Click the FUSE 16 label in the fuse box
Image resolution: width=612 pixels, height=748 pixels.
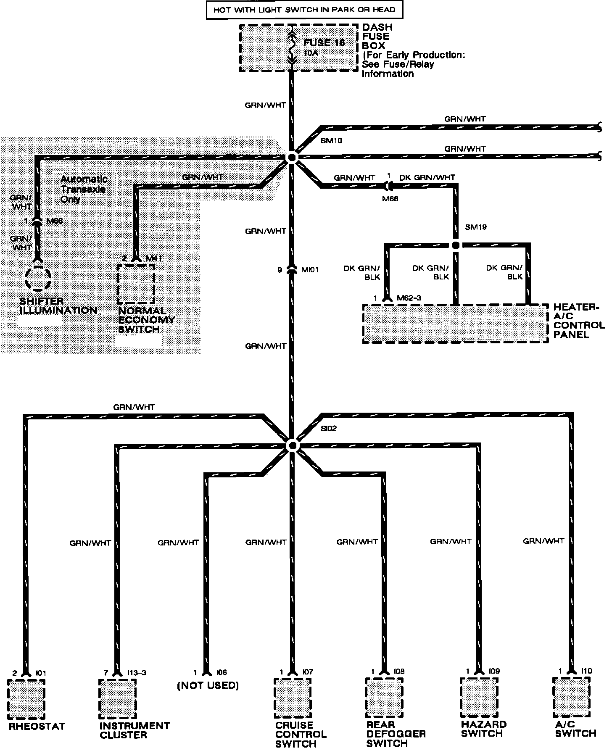pos(324,43)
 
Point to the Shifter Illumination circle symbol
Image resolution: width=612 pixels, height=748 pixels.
pos(38,278)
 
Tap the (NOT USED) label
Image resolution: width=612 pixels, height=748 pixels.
pos(208,686)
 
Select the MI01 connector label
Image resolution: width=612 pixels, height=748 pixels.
pos(310,270)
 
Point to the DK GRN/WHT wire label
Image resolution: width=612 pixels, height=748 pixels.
pos(427,178)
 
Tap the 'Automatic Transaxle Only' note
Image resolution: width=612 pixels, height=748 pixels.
pos(83,189)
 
